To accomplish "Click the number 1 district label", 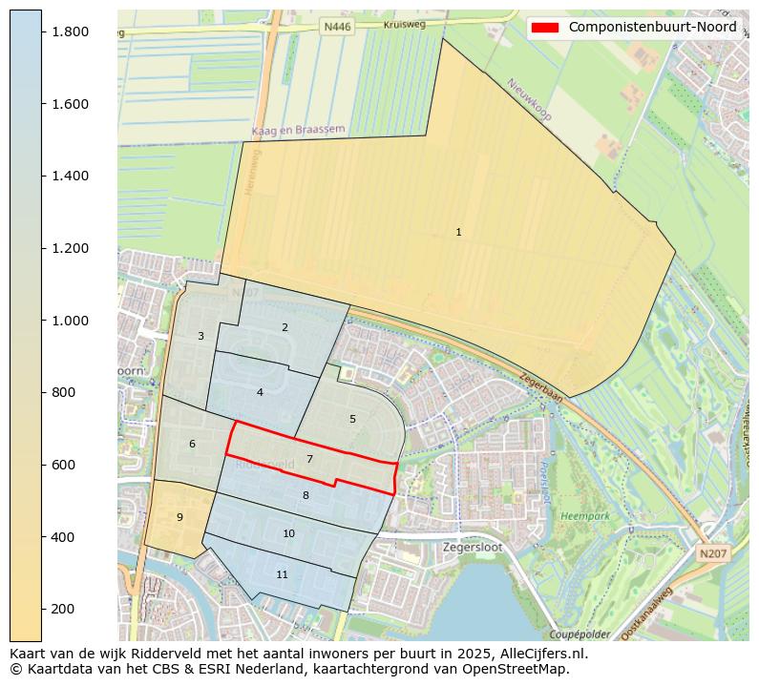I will (458, 232).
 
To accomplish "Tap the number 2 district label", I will (285, 327).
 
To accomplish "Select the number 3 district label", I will (200, 336).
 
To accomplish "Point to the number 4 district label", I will (260, 392).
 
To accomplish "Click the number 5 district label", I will (352, 419).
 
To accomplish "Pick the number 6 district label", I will (192, 444).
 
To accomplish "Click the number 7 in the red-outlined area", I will (309, 459).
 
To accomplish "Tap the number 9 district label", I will (179, 517).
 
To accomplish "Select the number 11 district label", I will (282, 574).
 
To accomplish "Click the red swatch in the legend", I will (545, 28).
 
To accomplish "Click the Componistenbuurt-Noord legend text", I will (652, 28).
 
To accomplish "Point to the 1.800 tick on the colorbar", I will (70, 31).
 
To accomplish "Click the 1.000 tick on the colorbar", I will (70, 321).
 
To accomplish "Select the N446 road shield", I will (337, 28).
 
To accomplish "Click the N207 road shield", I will (711, 553).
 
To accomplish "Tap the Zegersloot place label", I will (473, 548).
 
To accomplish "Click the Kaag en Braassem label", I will (298, 130).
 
